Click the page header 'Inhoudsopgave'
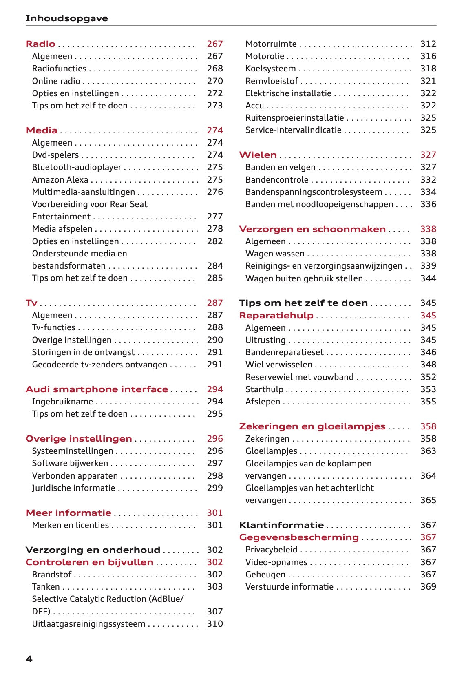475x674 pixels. pos(66,18)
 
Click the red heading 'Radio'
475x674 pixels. pos(40,44)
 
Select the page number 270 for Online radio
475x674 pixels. pos(214,81)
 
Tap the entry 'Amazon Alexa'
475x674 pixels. pos(60,180)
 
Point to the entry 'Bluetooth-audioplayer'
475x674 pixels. pos(77,167)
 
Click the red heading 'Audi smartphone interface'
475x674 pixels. pos(97,389)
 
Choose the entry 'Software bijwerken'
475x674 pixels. pos(70,463)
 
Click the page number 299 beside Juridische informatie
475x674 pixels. pos(214,488)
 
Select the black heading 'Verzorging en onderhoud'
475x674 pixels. pos(93,550)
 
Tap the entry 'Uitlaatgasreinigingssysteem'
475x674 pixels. pos(88,624)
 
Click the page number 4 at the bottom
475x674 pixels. pos(29,659)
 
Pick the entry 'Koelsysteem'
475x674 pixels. pos(270,69)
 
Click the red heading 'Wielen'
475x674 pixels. pos(258,155)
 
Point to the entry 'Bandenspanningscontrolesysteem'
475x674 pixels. pos(314,192)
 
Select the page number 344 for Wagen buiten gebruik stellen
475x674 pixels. pos(428,278)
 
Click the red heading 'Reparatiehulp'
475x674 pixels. pos(276,316)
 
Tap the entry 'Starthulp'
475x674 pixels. pos(264,389)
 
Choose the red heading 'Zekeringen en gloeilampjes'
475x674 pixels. pos(312,426)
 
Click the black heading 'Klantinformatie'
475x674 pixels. pos(281,525)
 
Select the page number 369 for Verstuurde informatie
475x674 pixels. pos(428,587)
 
